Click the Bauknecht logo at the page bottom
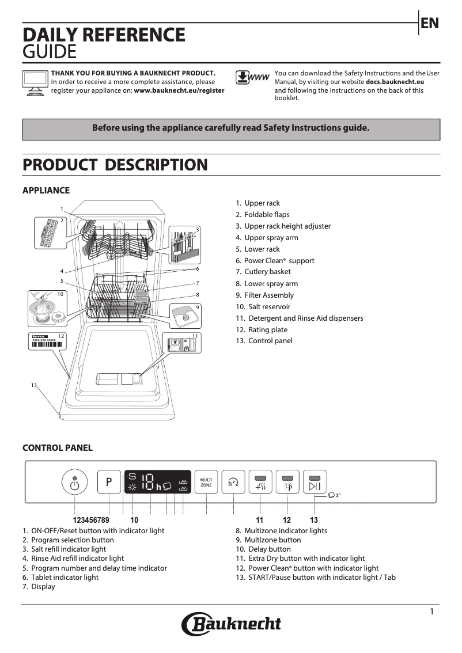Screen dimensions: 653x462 (232, 624)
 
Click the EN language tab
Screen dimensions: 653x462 (430, 24)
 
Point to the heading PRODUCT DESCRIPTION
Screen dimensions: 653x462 (115, 165)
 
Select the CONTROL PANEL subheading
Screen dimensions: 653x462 (57, 447)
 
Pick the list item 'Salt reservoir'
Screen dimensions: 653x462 (269, 307)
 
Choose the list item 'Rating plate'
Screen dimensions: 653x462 (267, 330)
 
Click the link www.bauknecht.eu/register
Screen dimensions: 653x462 (179, 91)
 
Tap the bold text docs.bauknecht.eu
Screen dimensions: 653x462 (398, 82)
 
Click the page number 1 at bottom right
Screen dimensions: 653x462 (431, 612)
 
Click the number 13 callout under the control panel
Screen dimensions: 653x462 (314, 520)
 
